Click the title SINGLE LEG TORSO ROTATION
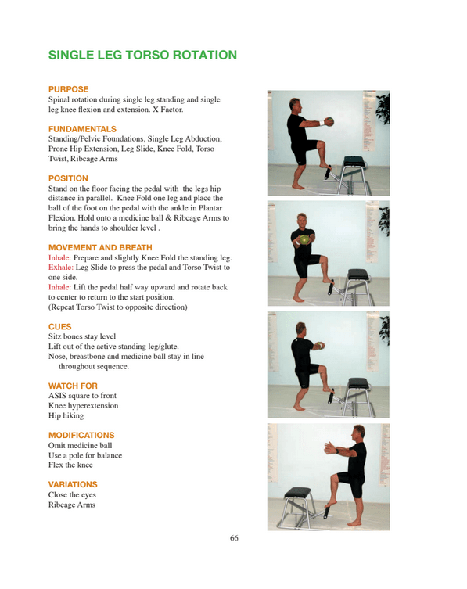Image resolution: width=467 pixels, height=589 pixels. click(x=142, y=56)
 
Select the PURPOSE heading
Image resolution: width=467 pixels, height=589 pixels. click(x=69, y=89)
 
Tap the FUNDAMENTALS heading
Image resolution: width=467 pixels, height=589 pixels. click(x=82, y=128)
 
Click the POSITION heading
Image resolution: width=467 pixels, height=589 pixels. click(x=68, y=178)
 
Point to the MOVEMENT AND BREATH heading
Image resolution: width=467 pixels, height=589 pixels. click(x=100, y=247)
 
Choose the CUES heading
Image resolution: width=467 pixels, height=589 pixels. click(x=60, y=326)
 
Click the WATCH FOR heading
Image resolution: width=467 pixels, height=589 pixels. click(x=73, y=386)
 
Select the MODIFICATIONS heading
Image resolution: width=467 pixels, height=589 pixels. click(x=81, y=435)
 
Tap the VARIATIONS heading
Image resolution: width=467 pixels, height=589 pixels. click(x=73, y=484)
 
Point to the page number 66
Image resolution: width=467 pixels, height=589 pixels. click(x=234, y=538)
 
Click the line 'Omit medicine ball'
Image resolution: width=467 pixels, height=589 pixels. click(x=80, y=445)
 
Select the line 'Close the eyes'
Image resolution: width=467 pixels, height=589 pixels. click(x=73, y=495)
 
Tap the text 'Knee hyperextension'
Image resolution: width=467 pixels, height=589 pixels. click(x=83, y=406)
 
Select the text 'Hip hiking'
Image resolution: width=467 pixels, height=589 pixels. click(x=66, y=416)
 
